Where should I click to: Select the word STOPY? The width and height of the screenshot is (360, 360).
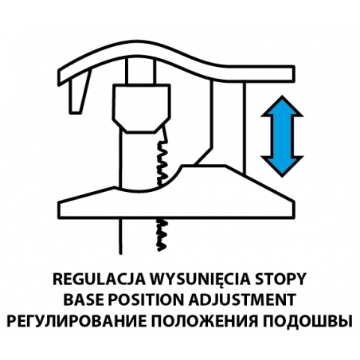(x=280, y=280)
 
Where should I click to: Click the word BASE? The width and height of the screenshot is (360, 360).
(x=84, y=300)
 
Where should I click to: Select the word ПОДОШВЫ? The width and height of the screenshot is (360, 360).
(x=307, y=321)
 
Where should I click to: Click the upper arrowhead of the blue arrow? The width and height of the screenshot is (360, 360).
(x=282, y=106)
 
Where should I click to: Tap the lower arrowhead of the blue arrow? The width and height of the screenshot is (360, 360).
(x=282, y=166)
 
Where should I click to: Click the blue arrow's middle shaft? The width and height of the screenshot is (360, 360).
(x=282, y=136)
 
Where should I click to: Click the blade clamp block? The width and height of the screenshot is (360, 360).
(x=141, y=108)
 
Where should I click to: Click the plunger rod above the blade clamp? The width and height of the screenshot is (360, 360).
(x=141, y=71)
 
